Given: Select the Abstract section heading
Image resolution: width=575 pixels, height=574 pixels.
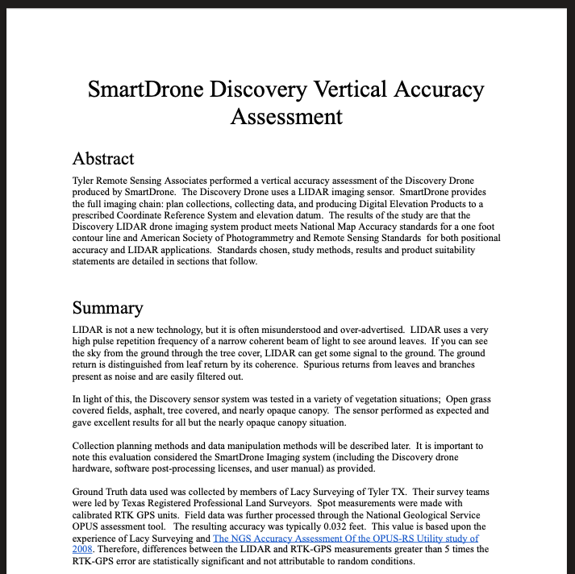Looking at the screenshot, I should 102,158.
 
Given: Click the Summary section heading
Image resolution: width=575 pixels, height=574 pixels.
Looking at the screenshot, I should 107,308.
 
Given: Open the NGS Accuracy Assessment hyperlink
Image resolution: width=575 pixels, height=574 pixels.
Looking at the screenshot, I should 345,538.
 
